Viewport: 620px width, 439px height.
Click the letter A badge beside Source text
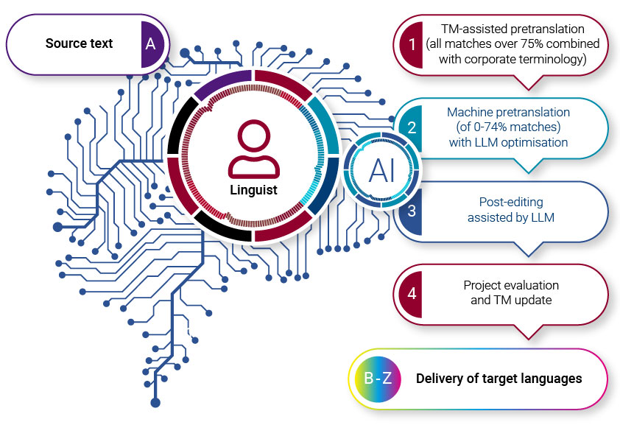[x=151, y=43]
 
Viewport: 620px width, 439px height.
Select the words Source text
[x=79, y=43]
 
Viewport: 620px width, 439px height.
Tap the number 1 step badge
[x=411, y=43]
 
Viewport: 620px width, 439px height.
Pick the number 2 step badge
[x=412, y=127]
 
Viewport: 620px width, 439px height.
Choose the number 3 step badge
[x=412, y=210]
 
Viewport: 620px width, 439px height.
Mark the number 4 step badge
[x=412, y=292]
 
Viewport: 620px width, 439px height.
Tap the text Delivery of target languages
[x=499, y=379]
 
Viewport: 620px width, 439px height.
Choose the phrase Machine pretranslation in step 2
[x=508, y=112]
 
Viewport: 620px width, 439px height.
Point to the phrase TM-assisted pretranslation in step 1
[x=512, y=29]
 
